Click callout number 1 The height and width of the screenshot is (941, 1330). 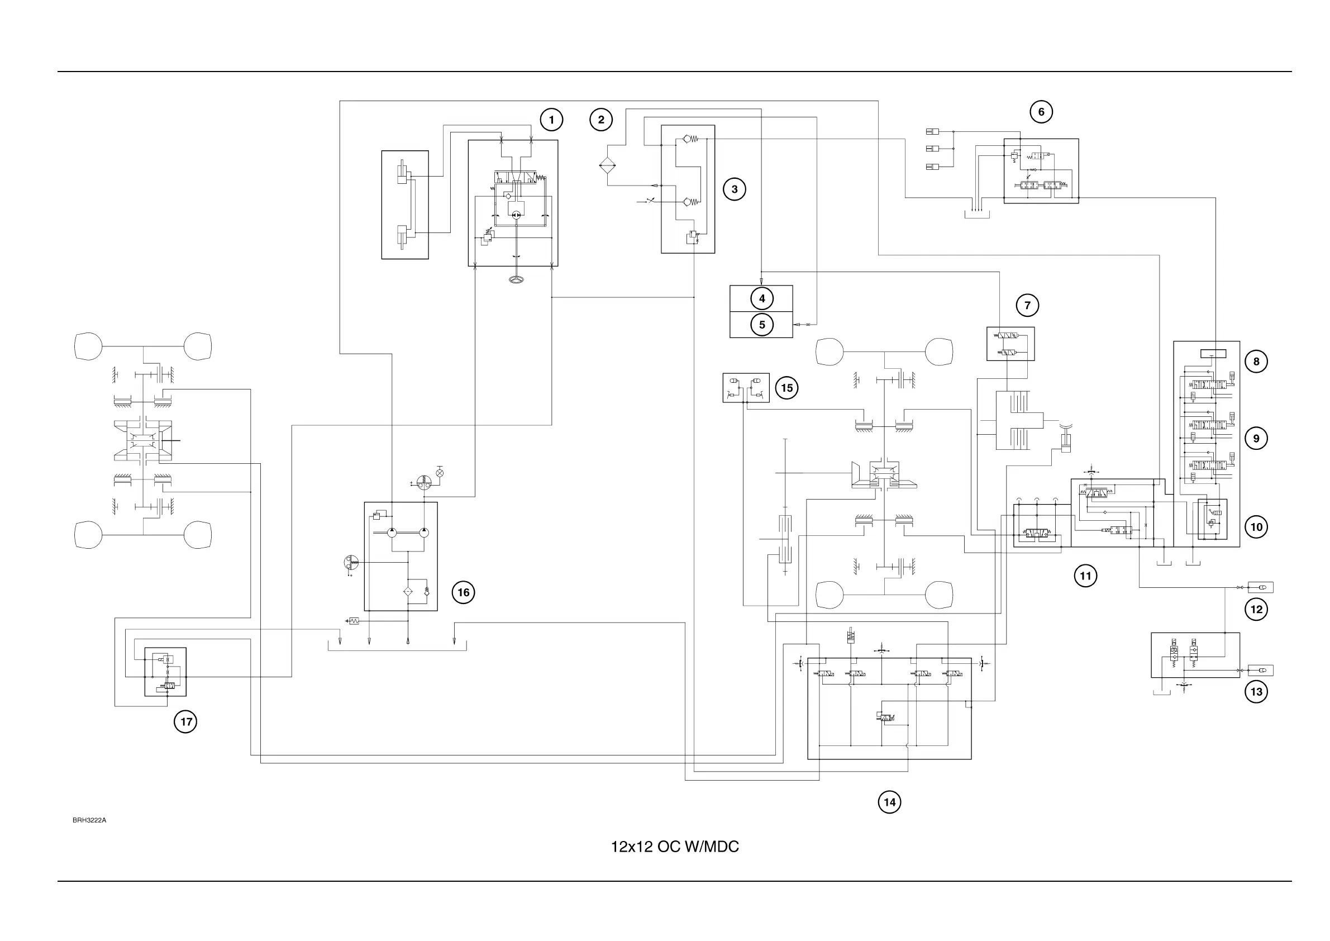click(551, 120)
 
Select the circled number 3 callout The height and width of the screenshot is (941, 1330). click(735, 189)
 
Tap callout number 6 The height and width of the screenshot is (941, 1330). click(1041, 112)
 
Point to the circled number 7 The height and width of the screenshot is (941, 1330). click(1027, 305)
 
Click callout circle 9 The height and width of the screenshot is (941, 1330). click(1256, 438)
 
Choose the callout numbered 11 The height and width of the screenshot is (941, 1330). click(1085, 576)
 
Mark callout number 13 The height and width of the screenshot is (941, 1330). click(1256, 691)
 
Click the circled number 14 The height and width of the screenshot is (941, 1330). click(889, 802)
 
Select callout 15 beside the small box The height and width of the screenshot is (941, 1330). click(786, 388)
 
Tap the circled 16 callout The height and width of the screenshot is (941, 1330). click(463, 592)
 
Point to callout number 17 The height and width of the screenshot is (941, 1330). click(185, 721)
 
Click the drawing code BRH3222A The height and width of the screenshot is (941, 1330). click(89, 820)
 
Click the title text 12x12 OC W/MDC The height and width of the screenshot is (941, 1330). click(675, 847)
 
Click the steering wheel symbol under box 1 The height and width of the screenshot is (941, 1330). click(516, 281)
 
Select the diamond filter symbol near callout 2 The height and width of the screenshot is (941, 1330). click(607, 166)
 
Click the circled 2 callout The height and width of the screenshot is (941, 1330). click(600, 120)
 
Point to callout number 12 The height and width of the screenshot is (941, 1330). click(1256, 609)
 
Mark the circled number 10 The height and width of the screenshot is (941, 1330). click(1256, 527)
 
